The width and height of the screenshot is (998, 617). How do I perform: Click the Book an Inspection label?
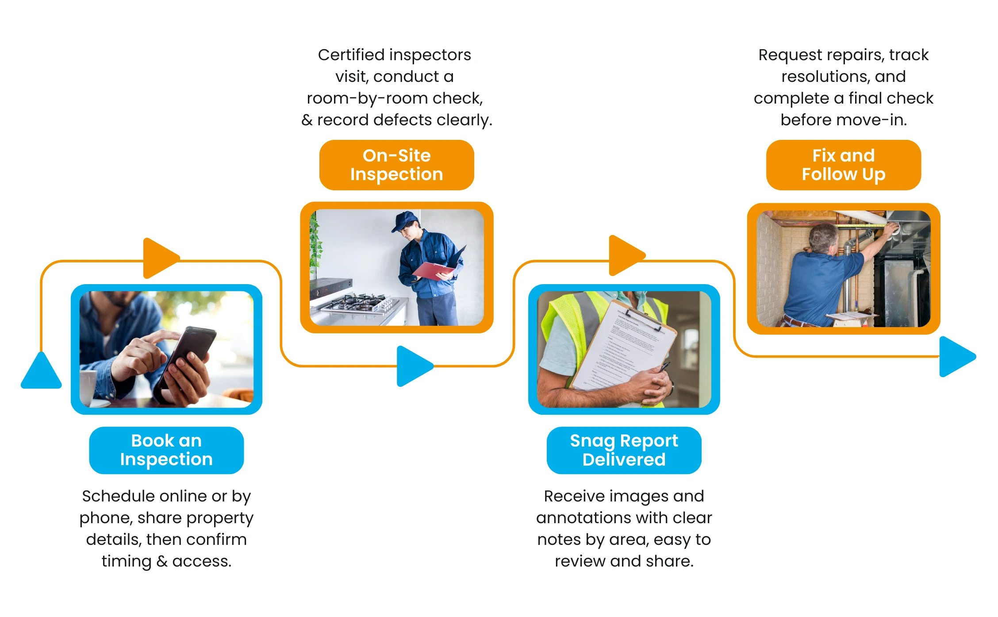[x=166, y=450]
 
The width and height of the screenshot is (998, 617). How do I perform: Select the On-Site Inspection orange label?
[x=396, y=165]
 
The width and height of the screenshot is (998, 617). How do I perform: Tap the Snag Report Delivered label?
[x=624, y=450]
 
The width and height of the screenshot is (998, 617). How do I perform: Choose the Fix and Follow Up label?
[x=843, y=165]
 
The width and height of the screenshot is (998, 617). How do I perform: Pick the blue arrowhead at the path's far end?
[x=956, y=356]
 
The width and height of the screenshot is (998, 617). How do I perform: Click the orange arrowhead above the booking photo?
[x=159, y=258]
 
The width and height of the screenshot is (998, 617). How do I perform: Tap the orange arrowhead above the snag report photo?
[x=625, y=255]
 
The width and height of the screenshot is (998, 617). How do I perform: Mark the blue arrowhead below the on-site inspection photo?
[x=413, y=366]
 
